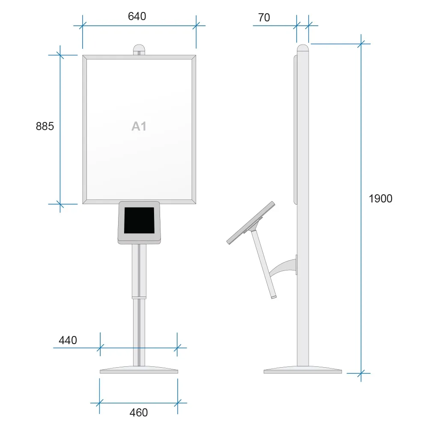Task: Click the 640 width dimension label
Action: point(137,16)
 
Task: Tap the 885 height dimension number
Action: point(45,126)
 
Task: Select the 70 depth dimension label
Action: point(264,18)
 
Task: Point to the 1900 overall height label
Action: point(380,199)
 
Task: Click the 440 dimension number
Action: point(68,340)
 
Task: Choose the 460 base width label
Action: point(139,413)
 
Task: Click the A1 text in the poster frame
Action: point(139,126)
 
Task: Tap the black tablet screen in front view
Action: point(139,220)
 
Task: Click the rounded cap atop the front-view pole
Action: point(139,50)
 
